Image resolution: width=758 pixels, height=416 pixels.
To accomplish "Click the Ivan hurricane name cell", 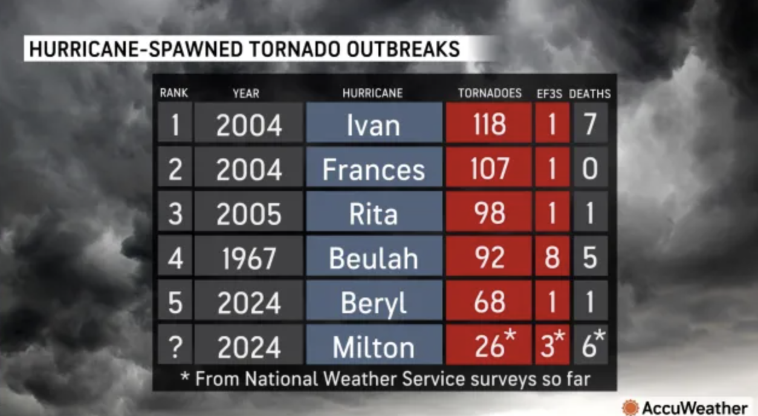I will tap(374, 125).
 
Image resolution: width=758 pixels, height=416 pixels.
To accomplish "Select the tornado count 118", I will tap(489, 125).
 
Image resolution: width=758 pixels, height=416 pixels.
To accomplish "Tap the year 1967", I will tap(248, 259).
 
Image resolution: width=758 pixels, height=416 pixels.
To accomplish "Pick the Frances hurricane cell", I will tap(374, 170).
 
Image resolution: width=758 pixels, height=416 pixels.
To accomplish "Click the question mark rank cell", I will tap(175, 347).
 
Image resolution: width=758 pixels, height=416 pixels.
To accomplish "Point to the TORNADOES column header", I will tap(490, 94).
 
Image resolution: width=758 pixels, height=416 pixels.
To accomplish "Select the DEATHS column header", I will tap(590, 94).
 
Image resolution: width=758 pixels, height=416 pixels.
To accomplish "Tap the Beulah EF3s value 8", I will tap(551, 258).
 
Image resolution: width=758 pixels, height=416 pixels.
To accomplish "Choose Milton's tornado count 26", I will tap(489, 346).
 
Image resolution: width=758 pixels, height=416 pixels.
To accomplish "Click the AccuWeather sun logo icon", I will tap(630, 407).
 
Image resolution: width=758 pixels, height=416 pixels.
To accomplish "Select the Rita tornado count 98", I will tap(489, 214).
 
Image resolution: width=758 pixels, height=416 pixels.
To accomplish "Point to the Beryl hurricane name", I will tap(374, 303).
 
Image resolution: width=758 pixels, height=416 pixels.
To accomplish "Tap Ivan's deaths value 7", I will tap(591, 125).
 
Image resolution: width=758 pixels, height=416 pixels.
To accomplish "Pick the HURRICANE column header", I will tap(372, 94).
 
